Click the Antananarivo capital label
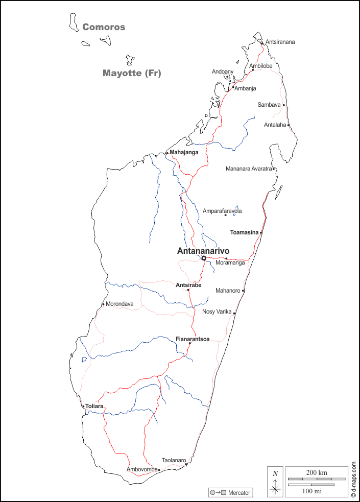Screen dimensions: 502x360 coord(203,251)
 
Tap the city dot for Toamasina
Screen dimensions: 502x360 coord(261,233)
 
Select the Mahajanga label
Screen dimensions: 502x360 coord(184,152)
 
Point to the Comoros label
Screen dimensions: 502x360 coord(104,27)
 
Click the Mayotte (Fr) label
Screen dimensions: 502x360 coord(132,73)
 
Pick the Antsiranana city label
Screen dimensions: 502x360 coord(280,42)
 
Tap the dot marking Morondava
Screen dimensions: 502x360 coord(103,304)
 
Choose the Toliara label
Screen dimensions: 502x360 coord(94,407)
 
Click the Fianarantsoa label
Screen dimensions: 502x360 coord(193,339)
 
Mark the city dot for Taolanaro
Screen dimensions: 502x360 coord(186,464)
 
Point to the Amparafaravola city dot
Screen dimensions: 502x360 coord(225,215)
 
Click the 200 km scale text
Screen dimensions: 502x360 coord(317,472)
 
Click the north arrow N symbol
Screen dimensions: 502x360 coord(275,473)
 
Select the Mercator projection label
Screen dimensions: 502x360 coord(239,493)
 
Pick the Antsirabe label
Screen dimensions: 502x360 coord(188,285)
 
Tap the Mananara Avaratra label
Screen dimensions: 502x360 coord(249,169)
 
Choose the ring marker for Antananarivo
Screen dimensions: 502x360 coord(204,258)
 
